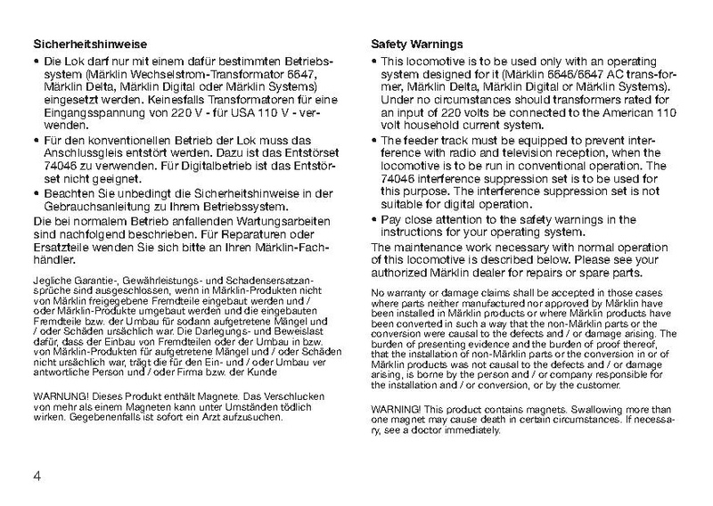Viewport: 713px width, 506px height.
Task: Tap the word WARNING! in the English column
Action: (x=398, y=409)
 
